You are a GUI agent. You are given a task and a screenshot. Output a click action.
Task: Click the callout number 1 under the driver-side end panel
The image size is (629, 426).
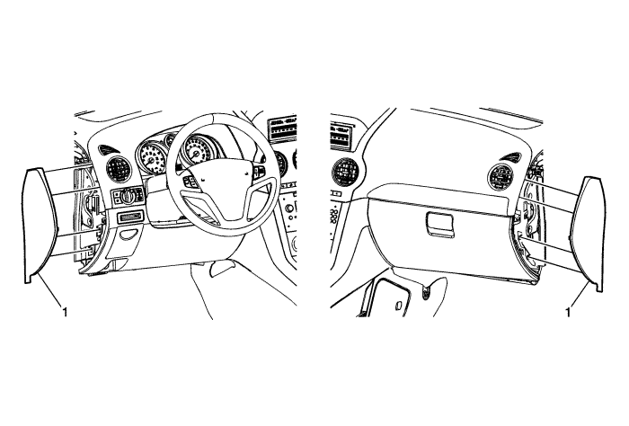tap(65, 311)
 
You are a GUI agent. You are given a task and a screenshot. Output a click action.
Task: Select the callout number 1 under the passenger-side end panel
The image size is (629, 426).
tap(568, 312)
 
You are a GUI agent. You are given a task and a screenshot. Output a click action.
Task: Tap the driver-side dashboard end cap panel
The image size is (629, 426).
tap(40, 226)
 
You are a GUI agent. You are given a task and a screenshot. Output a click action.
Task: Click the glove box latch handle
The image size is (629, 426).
tap(440, 224)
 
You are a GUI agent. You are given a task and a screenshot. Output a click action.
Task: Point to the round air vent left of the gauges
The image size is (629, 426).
tap(120, 168)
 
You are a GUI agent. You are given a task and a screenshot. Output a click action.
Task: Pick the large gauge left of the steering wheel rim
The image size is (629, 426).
tap(150, 159)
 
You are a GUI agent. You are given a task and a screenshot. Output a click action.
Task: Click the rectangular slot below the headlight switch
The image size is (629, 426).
tap(128, 217)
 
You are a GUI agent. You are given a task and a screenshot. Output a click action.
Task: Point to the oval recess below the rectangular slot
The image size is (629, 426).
tap(129, 235)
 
